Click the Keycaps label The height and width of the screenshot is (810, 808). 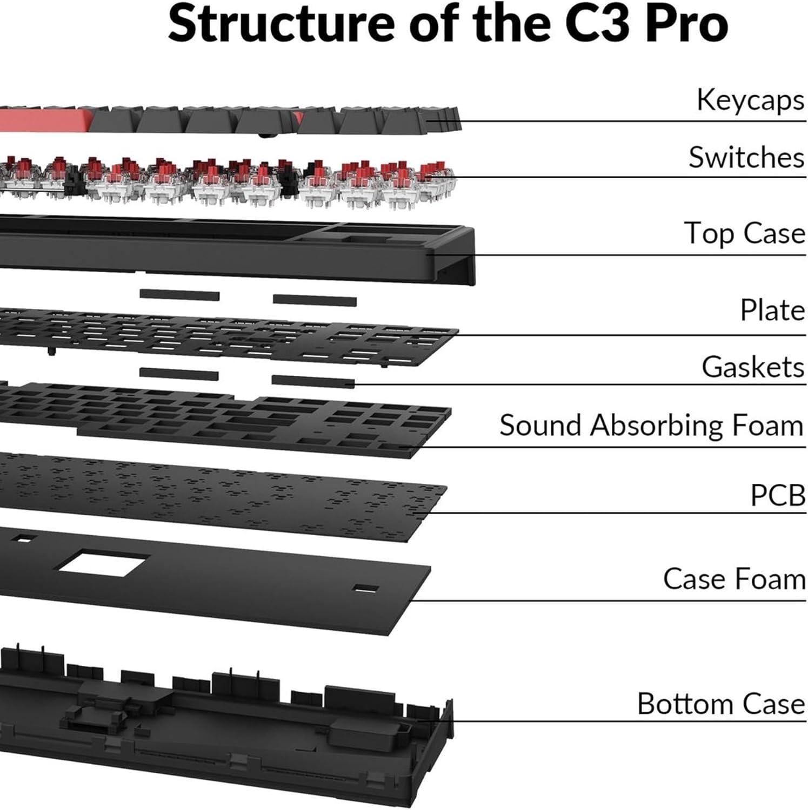click(x=750, y=100)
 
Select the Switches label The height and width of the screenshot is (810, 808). click(x=746, y=157)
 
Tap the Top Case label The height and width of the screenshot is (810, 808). click(x=744, y=233)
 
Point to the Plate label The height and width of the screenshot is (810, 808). click(x=772, y=310)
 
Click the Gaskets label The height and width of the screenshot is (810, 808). click(x=753, y=367)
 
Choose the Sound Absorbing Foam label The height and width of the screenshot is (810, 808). click(x=651, y=426)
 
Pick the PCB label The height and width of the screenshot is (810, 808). click(x=778, y=495)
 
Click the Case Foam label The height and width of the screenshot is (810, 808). click(x=734, y=579)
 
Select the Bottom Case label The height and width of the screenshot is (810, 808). click(x=721, y=704)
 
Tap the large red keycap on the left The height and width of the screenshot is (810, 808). click(x=43, y=119)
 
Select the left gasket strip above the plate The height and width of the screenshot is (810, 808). click(x=179, y=295)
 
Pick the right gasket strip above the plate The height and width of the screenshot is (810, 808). click(x=315, y=300)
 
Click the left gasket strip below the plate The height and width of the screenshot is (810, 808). click(x=179, y=374)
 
